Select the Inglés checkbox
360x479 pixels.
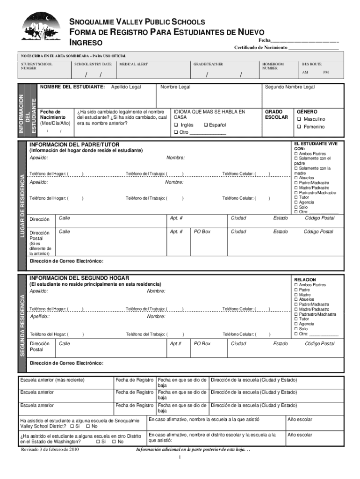click(176, 125)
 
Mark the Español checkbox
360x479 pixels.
click(205, 125)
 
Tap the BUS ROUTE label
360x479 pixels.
click(311, 64)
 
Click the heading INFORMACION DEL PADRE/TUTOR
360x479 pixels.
click(74, 145)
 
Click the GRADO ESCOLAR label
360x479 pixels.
click(276, 115)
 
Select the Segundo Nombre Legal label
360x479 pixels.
click(290, 87)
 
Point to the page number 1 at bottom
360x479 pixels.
click(180, 457)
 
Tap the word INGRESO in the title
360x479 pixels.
click(86, 43)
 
